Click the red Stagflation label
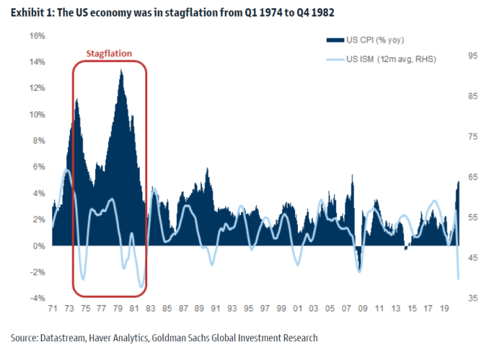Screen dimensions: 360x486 pos(109,53)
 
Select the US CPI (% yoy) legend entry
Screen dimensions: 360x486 pos(376,40)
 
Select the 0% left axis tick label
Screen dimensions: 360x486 pos(39,245)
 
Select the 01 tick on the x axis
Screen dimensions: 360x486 pos(299,310)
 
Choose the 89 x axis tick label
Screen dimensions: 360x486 pos(200,310)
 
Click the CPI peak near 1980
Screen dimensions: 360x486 pos(121,70)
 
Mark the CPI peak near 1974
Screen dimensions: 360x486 pos(76,100)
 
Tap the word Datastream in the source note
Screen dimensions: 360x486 pos(64,338)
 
